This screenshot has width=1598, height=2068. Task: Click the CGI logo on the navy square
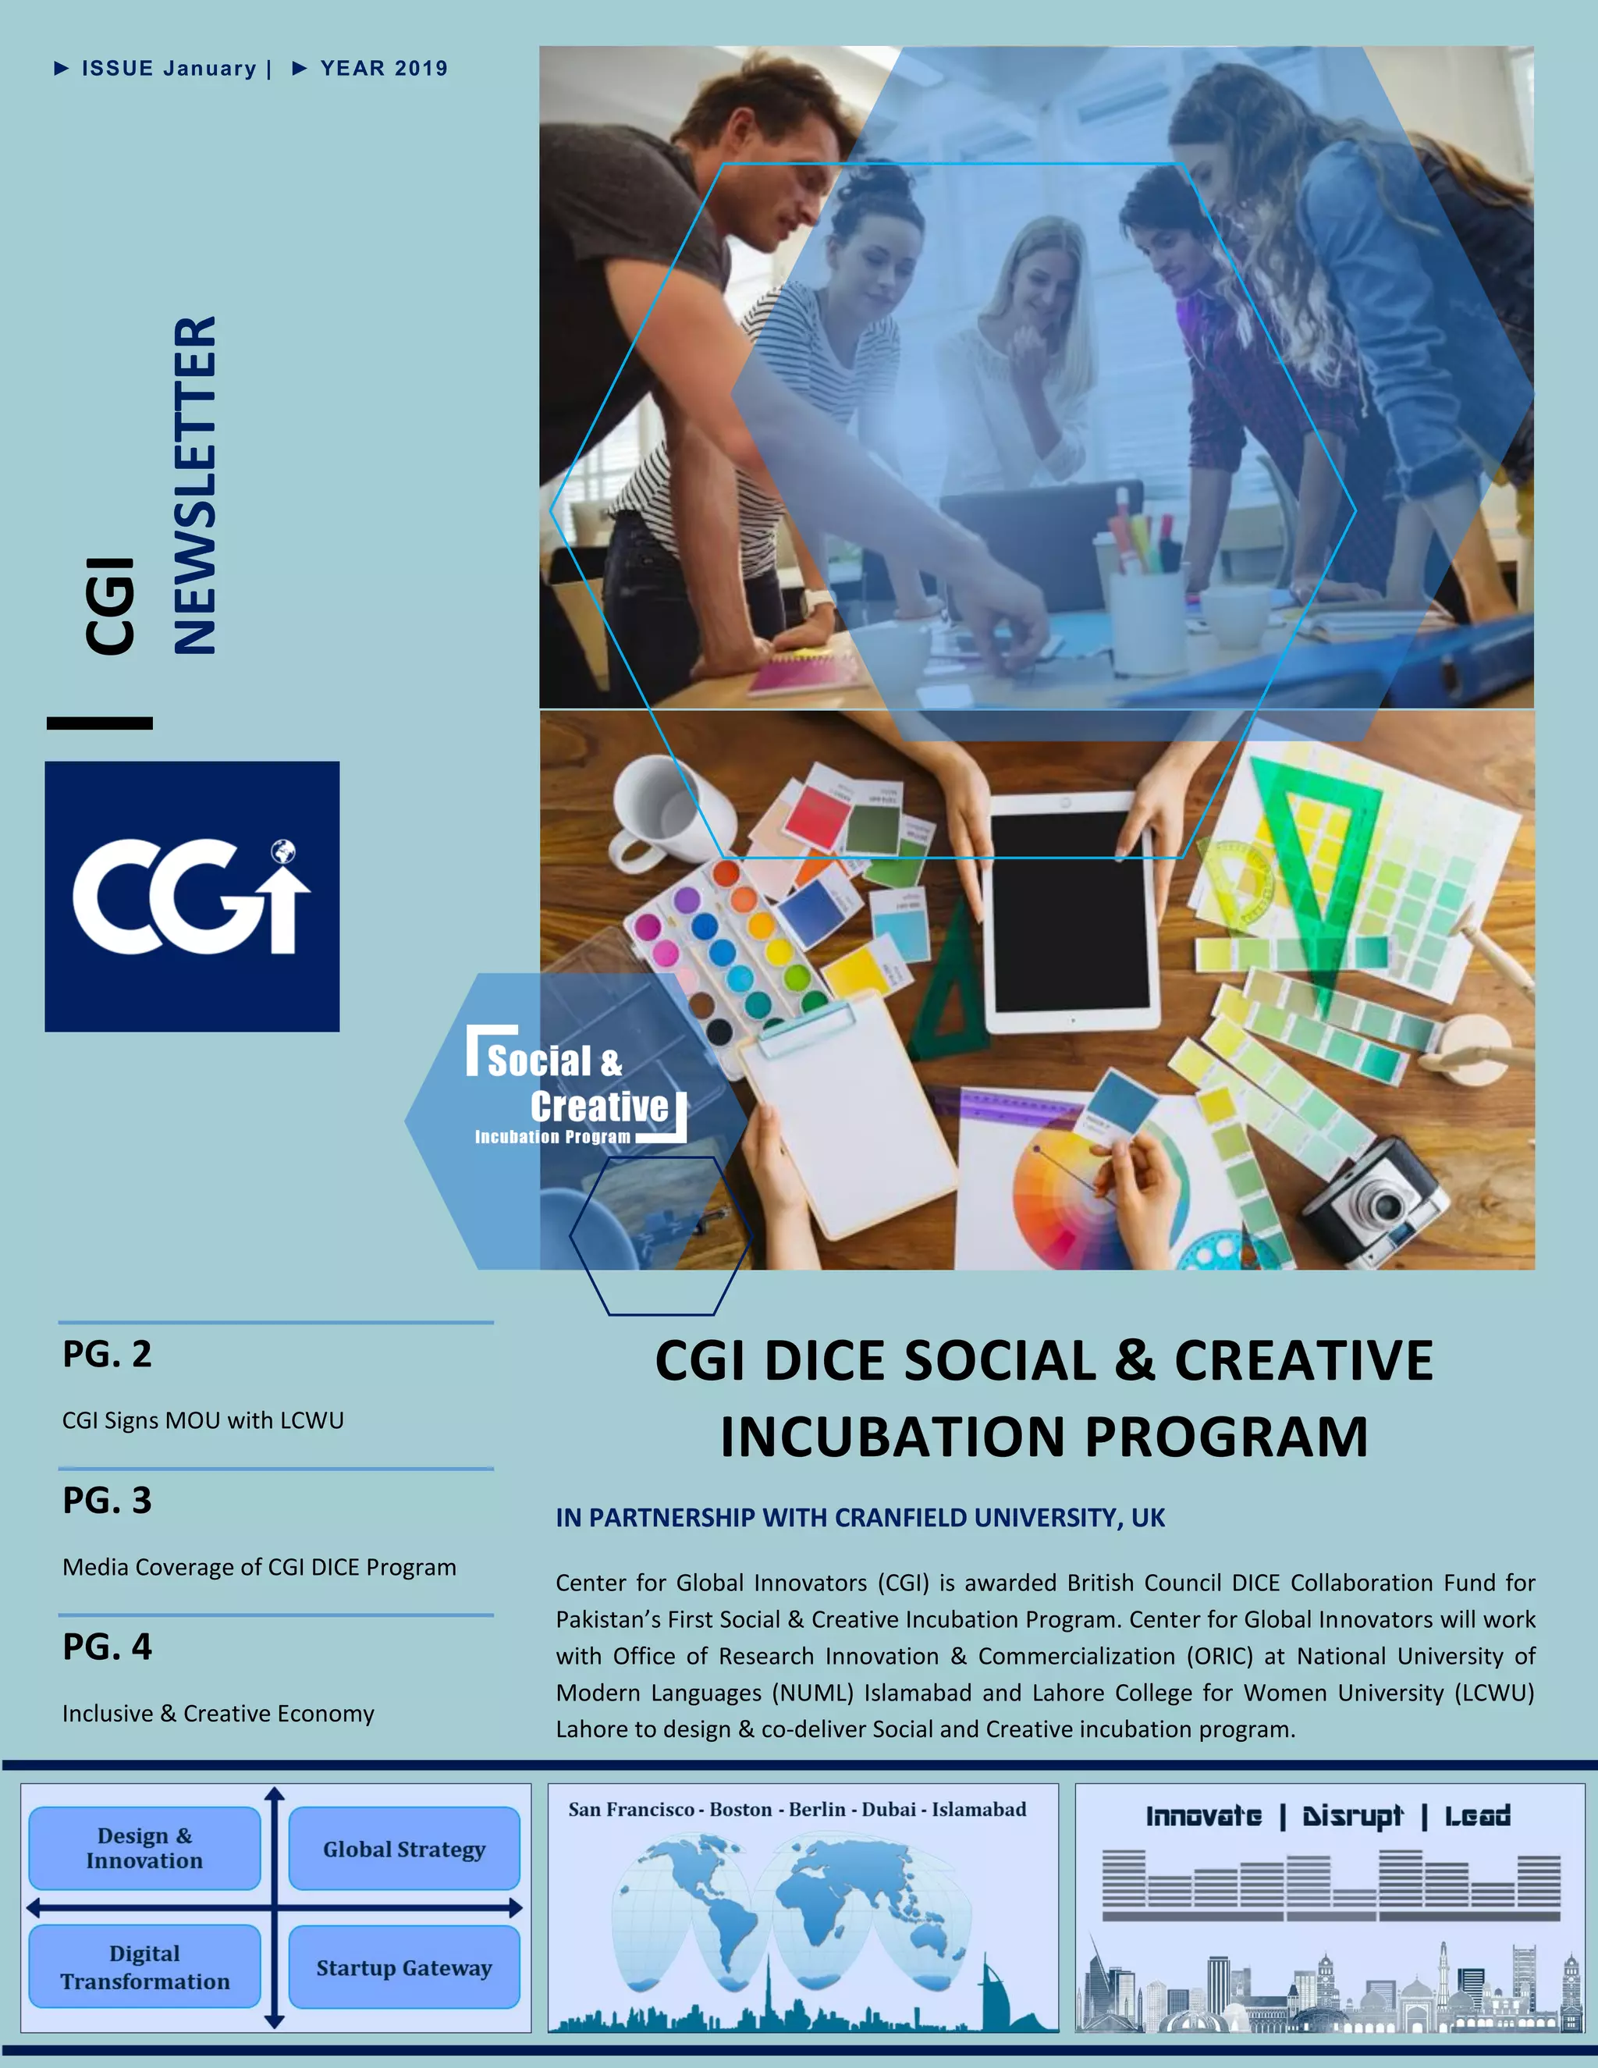pos(191,896)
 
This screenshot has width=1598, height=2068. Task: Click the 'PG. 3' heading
pos(107,1500)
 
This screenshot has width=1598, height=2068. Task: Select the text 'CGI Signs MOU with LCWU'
pos(203,1420)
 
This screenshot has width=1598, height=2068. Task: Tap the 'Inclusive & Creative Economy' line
pos(218,1713)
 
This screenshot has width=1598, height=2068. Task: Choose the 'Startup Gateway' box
pos(404,1967)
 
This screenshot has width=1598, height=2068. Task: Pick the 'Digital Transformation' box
pos(145,1967)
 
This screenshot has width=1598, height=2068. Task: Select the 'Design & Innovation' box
pos(145,1847)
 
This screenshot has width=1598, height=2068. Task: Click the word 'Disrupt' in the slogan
pos(1352,1816)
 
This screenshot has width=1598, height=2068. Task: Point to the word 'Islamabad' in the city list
pos(979,1810)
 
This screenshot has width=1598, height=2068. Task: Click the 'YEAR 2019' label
pos(383,68)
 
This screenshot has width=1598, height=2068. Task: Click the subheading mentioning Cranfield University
pos(860,1518)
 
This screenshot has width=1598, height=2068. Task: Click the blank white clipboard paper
pos(844,1118)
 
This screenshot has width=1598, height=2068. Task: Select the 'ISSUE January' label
pos(169,68)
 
